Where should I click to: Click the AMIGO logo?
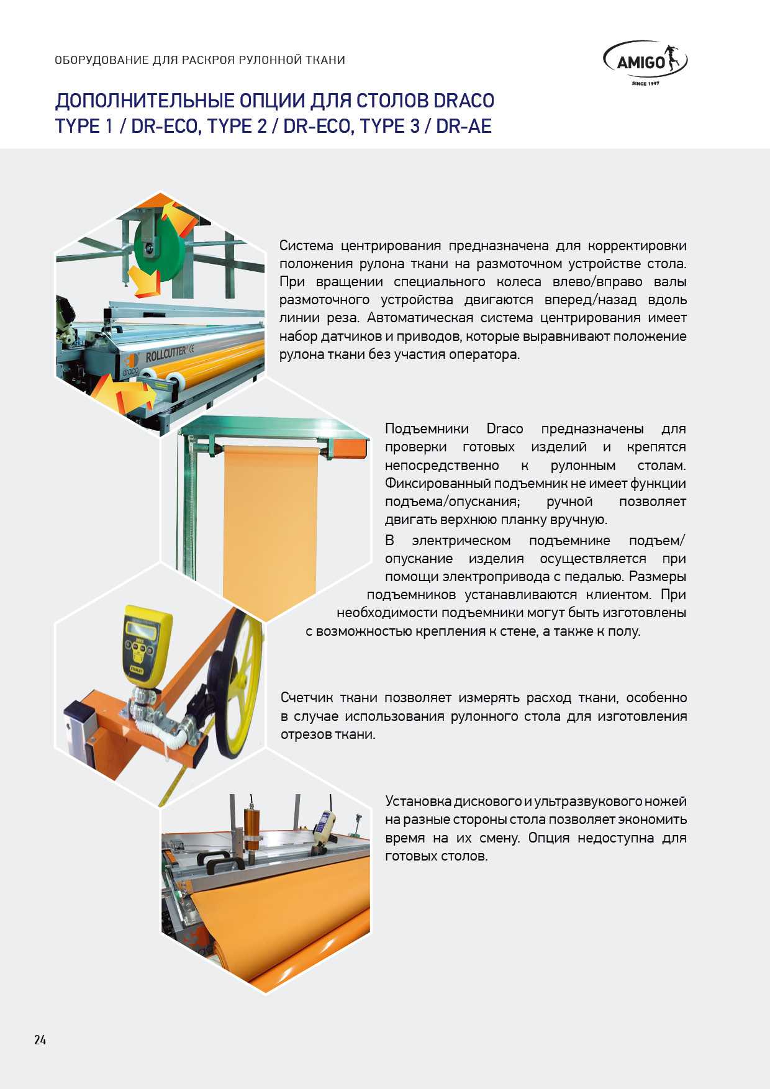tap(645, 63)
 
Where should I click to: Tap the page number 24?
tap(40, 1040)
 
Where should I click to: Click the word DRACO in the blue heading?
tap(463, 101)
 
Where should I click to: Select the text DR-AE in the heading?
tap(464, 126)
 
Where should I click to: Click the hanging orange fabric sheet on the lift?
tap(271, 528)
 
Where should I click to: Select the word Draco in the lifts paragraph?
tap(504, 429)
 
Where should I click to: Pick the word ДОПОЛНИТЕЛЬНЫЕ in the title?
tap(147, 101)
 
